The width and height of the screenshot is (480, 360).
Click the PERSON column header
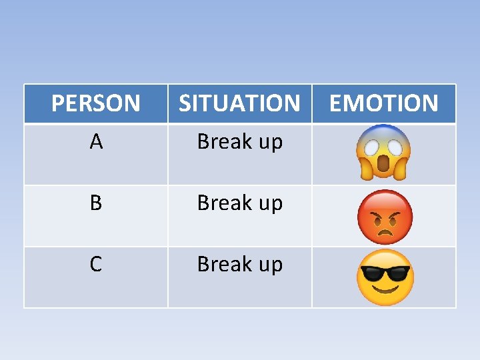point(95,103)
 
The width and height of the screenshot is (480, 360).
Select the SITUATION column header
point(239,103)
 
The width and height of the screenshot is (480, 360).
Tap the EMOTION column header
point(383,103)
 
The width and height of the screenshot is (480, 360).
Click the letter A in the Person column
point(96,142)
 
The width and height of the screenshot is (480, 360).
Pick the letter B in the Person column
point(96,203)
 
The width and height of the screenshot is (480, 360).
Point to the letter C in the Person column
point(96,264)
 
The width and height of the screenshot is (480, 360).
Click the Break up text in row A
point(239,142)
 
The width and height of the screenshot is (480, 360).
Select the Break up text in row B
point(239,203)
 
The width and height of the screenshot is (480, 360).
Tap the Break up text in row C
point(239,264)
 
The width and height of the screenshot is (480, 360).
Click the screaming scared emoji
point(383,153)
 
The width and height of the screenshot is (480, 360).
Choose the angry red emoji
point(385,217)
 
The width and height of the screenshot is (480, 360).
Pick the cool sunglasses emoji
point(385,277)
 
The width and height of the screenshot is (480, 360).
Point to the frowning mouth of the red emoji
point(385,231)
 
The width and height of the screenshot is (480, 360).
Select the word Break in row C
point(223,264)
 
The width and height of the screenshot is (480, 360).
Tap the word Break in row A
point(223,142)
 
